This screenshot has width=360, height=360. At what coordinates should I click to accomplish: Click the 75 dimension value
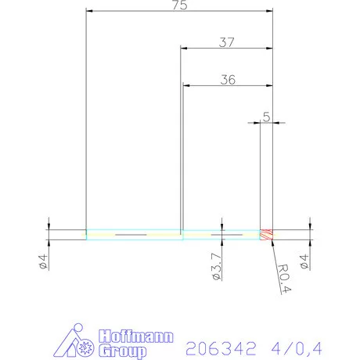click(x=180, y=5)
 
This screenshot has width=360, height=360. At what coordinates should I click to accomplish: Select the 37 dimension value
click(x=227, y=43)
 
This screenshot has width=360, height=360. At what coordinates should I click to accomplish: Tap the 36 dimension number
click(x=229, y=80)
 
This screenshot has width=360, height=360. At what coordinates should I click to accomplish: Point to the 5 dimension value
click(x=267, y=117)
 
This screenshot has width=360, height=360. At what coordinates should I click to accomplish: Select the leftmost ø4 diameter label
click(x=44, y=260)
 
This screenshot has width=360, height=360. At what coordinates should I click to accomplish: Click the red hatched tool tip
click(x=267, y=234)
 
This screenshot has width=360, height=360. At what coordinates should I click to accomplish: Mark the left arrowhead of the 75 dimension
click(x=89, y=11)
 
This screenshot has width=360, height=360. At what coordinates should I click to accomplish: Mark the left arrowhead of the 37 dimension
click(x=184, y=48)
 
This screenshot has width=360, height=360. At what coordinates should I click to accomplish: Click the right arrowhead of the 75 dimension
click(x=269, y=11)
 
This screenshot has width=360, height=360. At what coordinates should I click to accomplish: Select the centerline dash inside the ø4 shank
click(x=131, y=234)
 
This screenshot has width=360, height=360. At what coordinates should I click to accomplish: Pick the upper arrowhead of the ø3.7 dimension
click(x=222, y=227)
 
